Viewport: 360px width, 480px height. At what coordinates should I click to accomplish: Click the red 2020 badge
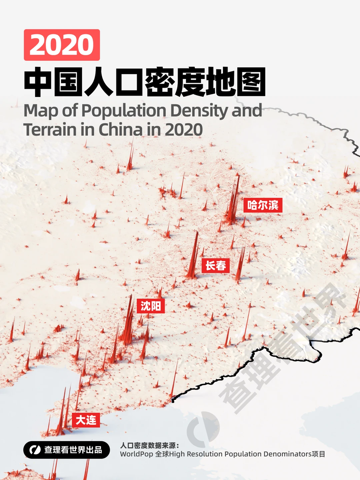(x=62, y=45)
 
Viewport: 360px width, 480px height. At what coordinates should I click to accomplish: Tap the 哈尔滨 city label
(x=263, y=205)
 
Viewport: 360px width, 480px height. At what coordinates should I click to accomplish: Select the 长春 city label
(x=215, y=266)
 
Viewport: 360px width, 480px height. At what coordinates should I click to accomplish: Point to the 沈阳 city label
(x=151, y=306)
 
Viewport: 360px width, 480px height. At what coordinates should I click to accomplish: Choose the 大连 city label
(x=86, y=420)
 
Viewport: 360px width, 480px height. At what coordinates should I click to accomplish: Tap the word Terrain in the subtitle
(x=50, y=130)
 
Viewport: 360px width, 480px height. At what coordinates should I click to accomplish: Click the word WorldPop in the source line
(x=136, y=454)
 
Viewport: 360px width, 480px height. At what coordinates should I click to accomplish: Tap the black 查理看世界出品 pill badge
(x=67, y=450)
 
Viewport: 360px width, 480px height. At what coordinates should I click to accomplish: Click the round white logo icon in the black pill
(x=35, y=450)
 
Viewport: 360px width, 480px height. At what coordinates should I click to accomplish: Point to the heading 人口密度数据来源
(x=149, y=445)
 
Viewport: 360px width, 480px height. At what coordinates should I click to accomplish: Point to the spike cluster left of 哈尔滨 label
(x=233, y=203)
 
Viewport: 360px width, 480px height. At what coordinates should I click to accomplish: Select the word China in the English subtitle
(x=120, y=130)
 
